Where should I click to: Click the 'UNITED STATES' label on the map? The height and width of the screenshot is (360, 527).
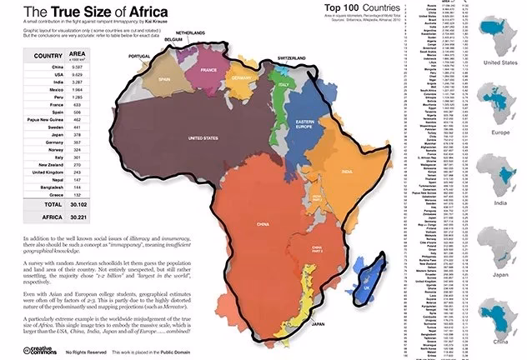[x=203, y=137]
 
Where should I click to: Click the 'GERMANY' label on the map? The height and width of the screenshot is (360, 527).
[x=241, y=77]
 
